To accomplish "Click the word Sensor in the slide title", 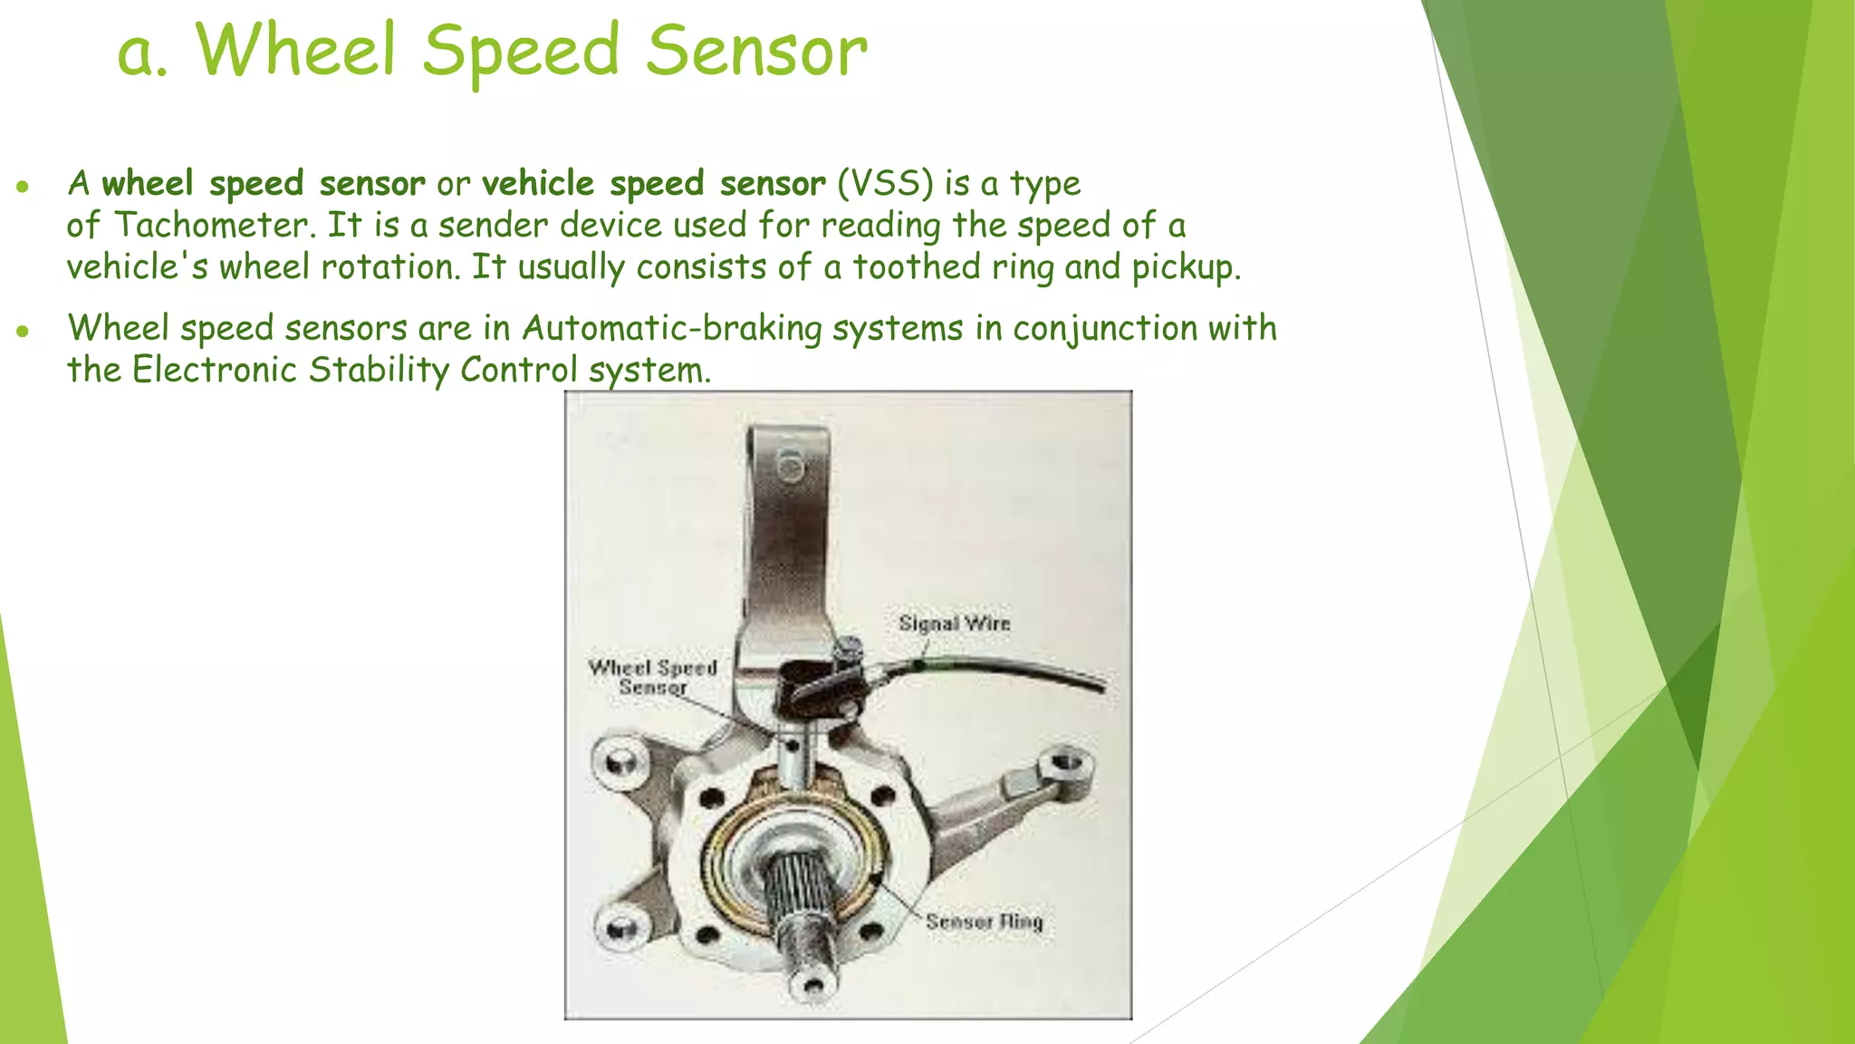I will [756, 51].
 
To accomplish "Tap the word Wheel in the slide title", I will [296, 51].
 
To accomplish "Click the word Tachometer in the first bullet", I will [215, 226].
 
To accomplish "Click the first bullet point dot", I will [24, 188].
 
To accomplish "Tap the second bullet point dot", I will [24, 332].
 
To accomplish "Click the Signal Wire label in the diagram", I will [954, 623].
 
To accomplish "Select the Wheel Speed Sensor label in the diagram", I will [652, 677].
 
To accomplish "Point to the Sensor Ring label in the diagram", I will [984, 922].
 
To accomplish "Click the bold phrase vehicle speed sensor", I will [653, 184].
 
